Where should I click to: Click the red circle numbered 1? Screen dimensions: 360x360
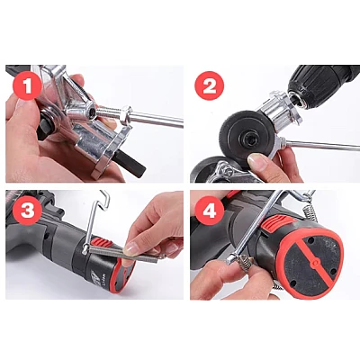point(27,87)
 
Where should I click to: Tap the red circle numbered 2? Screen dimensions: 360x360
point(210,87)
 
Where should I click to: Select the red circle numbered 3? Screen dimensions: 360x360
point(28,211)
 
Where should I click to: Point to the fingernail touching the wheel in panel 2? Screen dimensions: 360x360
point(254,159)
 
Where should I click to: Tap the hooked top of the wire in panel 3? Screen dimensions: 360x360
point(103,199)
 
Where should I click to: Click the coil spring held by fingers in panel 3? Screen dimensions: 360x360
point(123,252)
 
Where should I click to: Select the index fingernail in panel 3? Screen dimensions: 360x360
point(131,248)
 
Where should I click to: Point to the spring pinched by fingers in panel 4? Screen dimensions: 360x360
point(246,262)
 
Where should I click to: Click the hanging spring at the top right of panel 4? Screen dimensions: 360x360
point(310,211)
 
